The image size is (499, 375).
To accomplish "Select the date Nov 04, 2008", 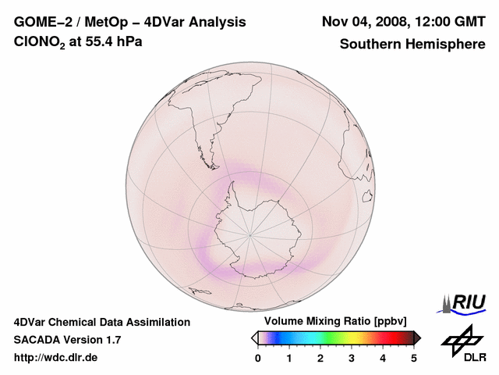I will pos(366,22).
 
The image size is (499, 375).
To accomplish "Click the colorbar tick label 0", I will pos(258,358).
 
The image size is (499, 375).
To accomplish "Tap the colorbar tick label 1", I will pos(289,358).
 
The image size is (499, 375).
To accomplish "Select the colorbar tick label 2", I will pos(320,358).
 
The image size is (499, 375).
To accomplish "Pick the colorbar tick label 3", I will pos(352,358).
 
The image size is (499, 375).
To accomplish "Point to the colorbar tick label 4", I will pos(383,358).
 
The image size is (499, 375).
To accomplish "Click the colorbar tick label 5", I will pos(414,358).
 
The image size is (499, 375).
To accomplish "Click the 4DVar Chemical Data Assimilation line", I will pos(101,322).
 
